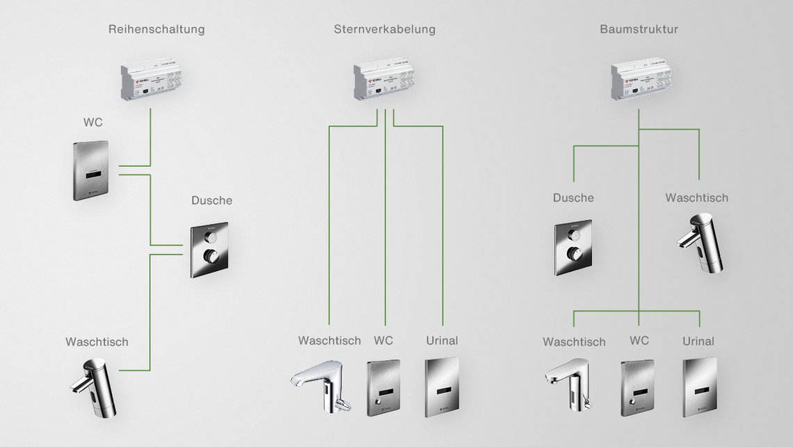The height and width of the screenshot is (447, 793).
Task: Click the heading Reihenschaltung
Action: coord(157,29)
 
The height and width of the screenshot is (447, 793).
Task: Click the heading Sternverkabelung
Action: coord(384,29)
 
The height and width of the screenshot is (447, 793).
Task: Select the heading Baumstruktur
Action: coord(639,29)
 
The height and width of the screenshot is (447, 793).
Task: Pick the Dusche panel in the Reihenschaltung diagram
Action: coord(209,250)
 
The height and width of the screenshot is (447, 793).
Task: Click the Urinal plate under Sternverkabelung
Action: coord(442,387)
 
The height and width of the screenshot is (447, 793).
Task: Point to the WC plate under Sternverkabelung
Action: coord(383,388)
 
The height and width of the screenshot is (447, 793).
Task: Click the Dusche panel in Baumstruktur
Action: coord(573,247)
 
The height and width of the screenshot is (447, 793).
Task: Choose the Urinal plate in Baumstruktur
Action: coord(700,387)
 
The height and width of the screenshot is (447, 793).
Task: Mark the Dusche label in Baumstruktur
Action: coord(573,197)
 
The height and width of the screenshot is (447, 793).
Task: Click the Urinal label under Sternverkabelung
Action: coord(442,340)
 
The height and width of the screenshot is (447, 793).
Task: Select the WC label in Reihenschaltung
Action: coord(93,122)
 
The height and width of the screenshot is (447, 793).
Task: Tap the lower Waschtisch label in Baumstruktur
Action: coord(574,341)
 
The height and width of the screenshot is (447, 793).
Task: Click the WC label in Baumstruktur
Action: coord(639,340)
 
